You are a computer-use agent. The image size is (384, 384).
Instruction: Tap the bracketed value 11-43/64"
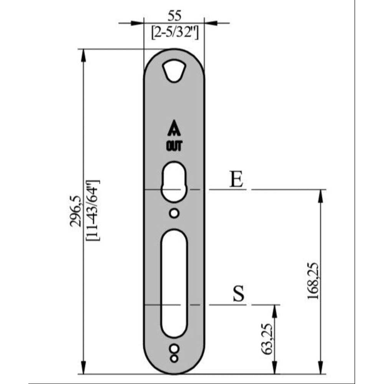[93, 210]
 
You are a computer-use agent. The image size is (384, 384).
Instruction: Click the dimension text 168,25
[313, 281]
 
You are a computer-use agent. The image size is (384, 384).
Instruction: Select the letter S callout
[239, 295]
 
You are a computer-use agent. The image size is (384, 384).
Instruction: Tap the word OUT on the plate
[174, 146]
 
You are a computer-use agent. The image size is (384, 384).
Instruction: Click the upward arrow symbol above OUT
[174, 129]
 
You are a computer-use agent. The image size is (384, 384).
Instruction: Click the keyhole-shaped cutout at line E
[174, 182]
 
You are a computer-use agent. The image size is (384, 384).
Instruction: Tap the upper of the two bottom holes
[174, 349]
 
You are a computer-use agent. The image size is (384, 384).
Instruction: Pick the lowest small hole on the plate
[174, 359]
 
